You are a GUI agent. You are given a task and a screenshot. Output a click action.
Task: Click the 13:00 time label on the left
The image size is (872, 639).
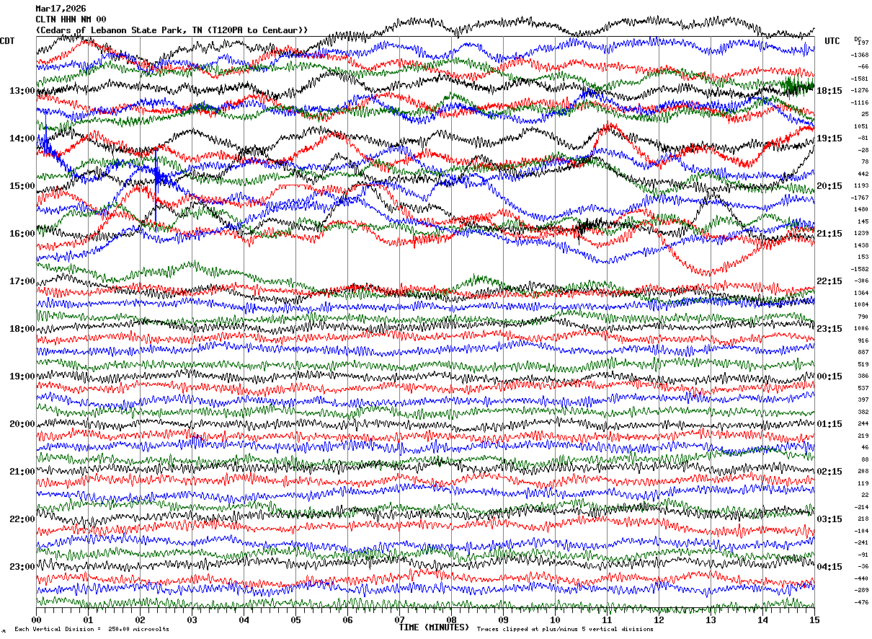point(22,91)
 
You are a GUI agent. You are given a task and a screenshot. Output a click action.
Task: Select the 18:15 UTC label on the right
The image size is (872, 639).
point(829,91)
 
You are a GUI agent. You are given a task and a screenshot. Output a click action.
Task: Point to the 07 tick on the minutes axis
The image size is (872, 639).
point(399,620)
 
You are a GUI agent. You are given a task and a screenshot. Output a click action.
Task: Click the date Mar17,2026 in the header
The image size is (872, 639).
point(61,9)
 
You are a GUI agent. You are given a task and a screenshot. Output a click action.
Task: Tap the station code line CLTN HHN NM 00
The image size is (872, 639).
point(71,19)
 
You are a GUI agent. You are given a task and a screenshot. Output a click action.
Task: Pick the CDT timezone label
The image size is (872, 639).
point(8,41)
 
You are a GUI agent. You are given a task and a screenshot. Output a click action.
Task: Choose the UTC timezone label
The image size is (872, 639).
point(832,41)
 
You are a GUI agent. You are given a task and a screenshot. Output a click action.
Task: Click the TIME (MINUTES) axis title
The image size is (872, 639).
point(434,627)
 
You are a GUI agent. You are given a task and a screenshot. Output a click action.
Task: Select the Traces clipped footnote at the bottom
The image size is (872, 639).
point(565,630)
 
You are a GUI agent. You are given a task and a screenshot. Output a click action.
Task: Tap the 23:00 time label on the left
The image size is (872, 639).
point(22,566)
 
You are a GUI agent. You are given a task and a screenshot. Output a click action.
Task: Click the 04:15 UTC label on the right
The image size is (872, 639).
point(829,566)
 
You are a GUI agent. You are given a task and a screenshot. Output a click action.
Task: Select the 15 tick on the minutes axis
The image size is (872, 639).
point(814,620)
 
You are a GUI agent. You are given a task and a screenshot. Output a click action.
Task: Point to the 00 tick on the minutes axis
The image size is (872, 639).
point(36,620)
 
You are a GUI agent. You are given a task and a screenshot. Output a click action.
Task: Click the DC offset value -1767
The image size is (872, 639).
point(860,198)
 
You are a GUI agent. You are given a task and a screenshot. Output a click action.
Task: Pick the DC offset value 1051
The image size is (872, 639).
point(862,126)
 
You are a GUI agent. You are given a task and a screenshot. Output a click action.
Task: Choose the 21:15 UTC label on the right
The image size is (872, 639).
point(829,234)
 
